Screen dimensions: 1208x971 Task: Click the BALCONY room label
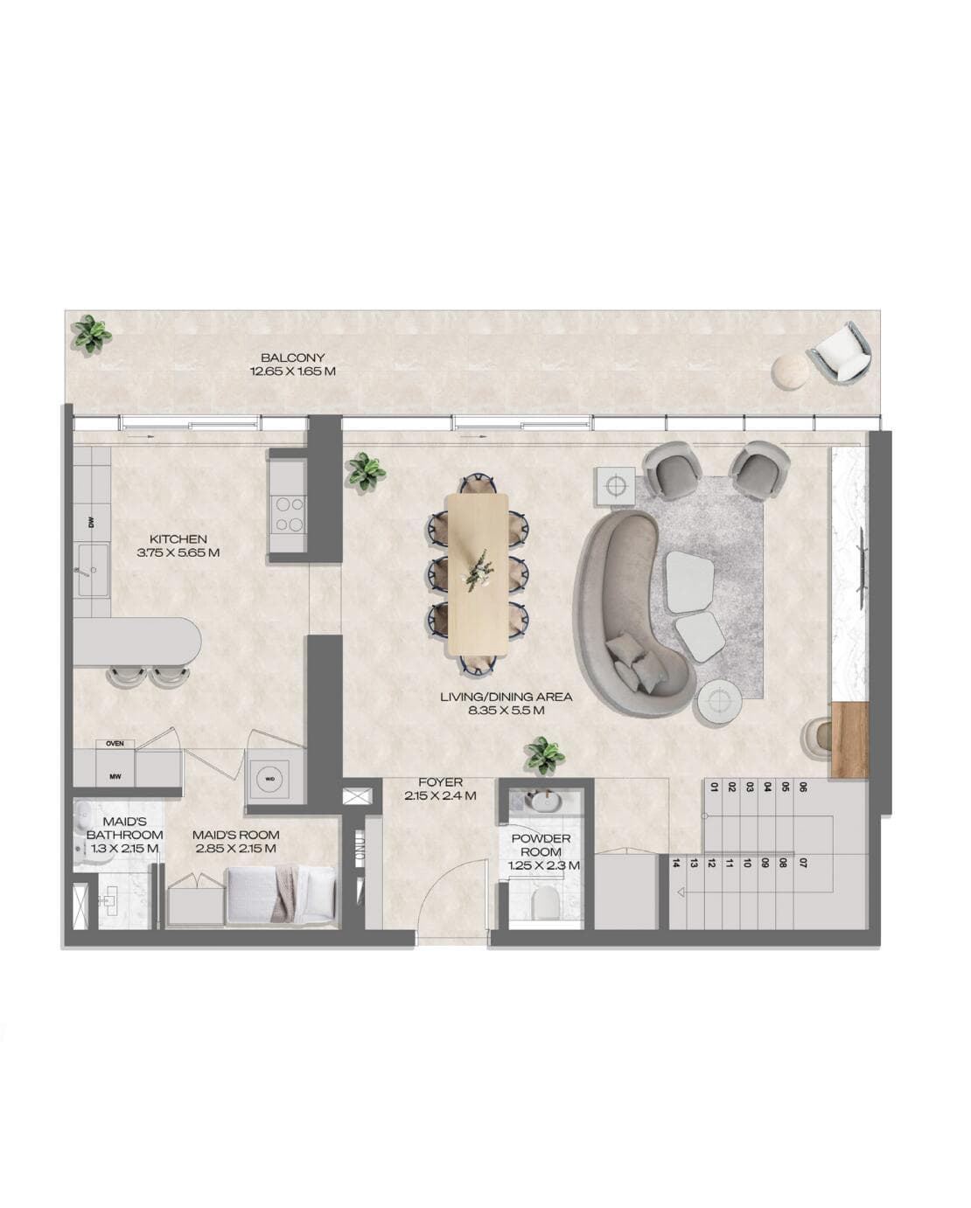[292, 364]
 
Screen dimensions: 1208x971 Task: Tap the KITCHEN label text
[178, 545]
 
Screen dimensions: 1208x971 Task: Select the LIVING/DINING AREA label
[506, 703]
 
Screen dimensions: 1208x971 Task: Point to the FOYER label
[440, 788]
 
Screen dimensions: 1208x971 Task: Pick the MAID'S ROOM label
[235, 841]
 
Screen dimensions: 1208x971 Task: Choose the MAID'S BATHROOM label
[124, 834]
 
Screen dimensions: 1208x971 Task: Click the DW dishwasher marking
[90, 523]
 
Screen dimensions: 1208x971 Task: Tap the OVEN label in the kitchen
[115, 744]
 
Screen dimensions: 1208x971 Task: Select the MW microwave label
[115, 775]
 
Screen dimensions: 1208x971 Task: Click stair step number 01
[714, 787]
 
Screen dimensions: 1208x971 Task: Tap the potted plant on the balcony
[91, 334]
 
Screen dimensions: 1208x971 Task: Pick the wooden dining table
[477, 573]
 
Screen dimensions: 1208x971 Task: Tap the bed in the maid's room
[280, 893]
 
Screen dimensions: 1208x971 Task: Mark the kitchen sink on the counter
[92, 570]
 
